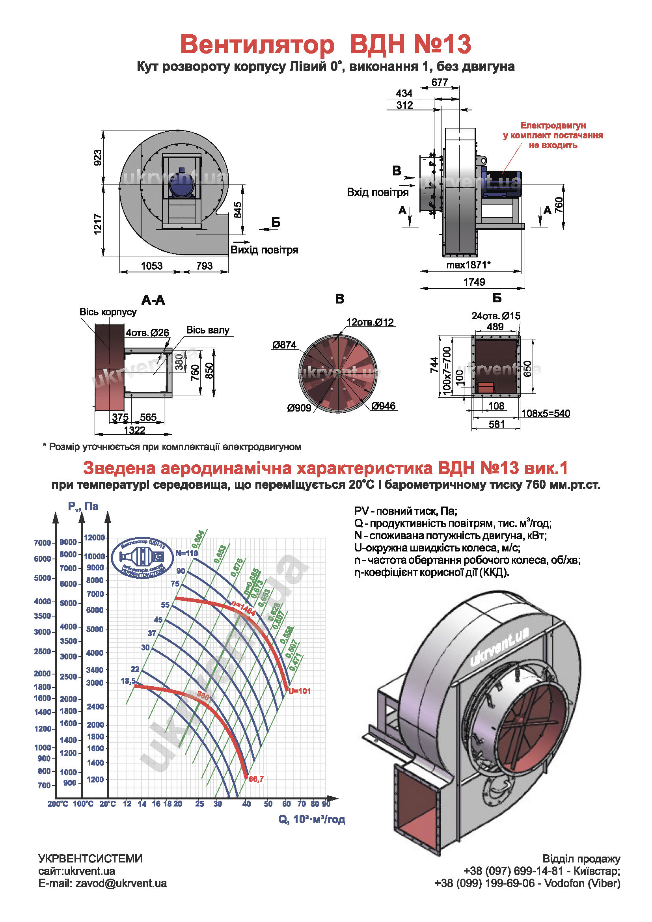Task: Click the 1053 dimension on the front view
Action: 151,266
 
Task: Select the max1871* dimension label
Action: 469,265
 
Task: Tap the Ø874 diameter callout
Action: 284,345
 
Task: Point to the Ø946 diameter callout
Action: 384,406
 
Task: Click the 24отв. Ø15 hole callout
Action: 496,316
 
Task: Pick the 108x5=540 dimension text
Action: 546,414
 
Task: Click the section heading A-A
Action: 153,300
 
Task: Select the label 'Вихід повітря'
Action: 264,250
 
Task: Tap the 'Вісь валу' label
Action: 208,330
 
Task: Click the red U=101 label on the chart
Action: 300,691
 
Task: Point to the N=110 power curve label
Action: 187,553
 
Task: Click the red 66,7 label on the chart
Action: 256,779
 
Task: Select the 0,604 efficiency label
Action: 198,539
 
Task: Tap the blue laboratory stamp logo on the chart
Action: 143,558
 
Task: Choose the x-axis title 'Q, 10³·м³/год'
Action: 311,819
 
